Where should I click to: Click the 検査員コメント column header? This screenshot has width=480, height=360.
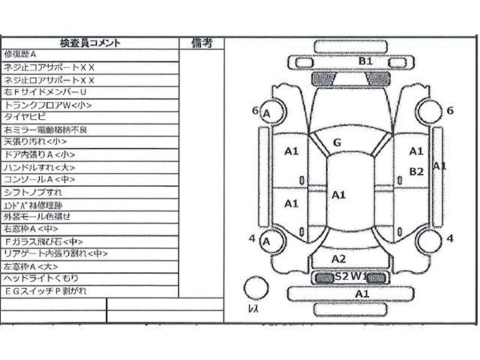click(x=91, y=43)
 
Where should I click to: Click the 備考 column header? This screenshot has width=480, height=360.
click(x=202, y=43)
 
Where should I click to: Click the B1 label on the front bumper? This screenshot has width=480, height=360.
click(x=366, y=61)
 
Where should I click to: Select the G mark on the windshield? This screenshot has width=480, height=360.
click(x=337, y=143)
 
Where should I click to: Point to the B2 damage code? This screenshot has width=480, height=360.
click(x=416, y=172)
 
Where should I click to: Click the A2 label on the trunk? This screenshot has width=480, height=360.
click(x=339, y=259)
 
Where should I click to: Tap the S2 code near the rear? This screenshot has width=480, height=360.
click(x=342, y=277)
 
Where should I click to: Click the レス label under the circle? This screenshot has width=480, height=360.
click(x=253, y=309)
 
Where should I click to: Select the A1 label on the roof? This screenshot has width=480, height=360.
click(x=339, y=194)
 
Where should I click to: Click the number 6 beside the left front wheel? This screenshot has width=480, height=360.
click(x=255, y=110)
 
